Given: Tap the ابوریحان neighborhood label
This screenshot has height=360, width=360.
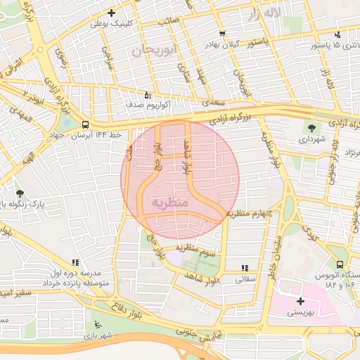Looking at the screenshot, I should click(152, 50).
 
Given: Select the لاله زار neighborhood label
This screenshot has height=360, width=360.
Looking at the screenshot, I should click(264, 13).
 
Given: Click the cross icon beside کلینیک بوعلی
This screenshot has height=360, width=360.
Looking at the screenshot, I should click(111, 13).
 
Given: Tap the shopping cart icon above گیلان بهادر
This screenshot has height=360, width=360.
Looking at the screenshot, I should click(222, 34).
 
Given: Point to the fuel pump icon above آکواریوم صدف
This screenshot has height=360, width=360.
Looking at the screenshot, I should click(147, 95).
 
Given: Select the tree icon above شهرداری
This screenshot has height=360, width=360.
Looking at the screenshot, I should click(311, 127).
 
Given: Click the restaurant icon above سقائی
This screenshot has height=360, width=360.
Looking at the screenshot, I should click(245, 268).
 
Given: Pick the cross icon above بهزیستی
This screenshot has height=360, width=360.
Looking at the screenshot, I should click(301, 301).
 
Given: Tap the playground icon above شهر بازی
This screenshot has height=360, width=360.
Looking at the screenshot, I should click(97, 324).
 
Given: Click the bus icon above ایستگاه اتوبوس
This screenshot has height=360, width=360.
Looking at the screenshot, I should click(340, 265).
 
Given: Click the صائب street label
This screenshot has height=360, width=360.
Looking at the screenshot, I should click(167, 21).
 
